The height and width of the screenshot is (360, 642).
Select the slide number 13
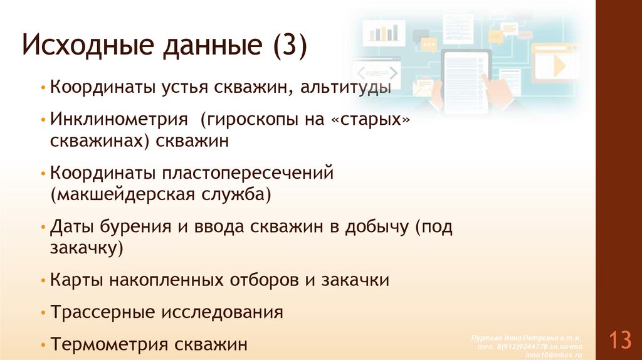click(x=619, y=341)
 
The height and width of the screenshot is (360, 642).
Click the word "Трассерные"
click(x=105, y=312)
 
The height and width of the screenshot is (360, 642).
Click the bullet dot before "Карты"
click(x=42, y=280)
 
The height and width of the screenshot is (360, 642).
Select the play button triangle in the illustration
click(x=558, y=66)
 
